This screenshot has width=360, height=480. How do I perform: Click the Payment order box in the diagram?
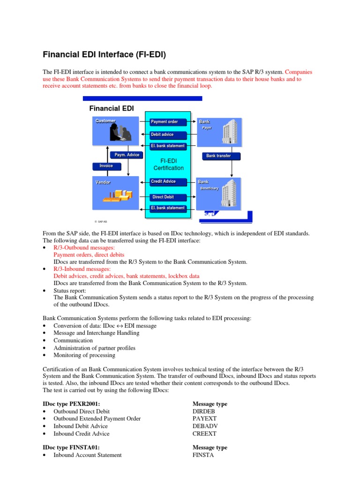168,122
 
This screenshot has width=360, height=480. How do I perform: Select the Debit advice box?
168,135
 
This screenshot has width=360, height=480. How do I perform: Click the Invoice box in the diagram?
106,166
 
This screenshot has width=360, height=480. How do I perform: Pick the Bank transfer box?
218,156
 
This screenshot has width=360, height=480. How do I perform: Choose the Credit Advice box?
168,181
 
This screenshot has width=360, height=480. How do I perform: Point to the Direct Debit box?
168,197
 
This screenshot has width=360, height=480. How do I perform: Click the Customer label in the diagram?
105,121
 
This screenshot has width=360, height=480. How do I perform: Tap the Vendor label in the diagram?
103,182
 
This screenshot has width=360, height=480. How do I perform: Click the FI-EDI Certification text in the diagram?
168,165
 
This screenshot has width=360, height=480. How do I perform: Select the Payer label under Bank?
207,128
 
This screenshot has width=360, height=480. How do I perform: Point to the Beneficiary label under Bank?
210,188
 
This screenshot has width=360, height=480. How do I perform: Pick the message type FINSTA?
203,455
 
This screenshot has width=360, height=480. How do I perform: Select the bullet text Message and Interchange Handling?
96,333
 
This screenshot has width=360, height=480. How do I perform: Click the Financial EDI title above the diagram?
112,108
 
